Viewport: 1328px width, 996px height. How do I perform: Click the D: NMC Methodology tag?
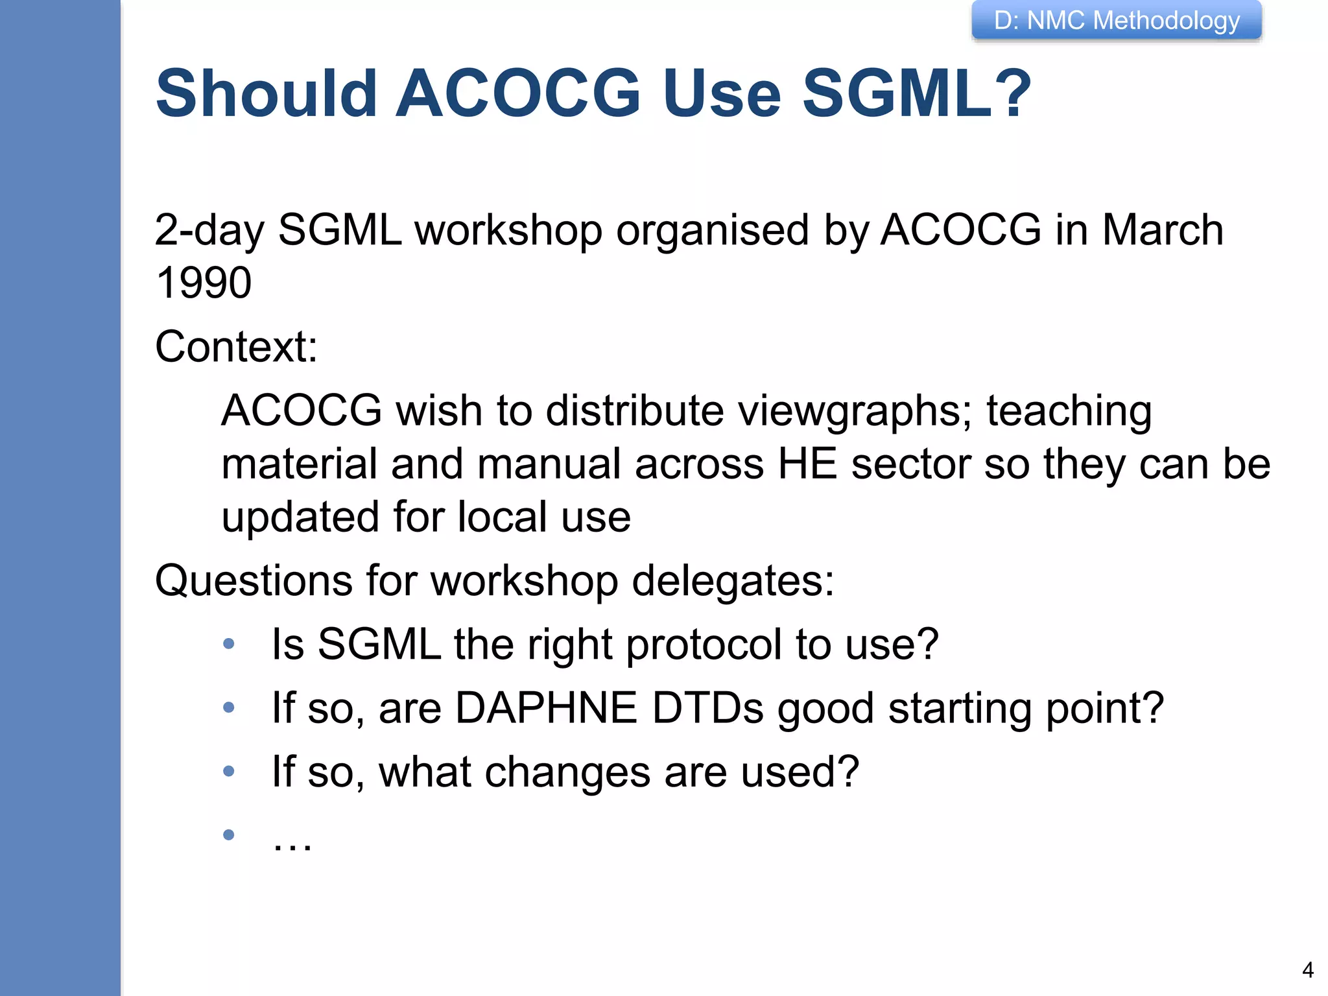1117,21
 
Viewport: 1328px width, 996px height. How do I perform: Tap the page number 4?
1308,970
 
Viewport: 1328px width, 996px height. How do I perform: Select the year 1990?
204,283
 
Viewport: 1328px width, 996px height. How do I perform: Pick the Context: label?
237,346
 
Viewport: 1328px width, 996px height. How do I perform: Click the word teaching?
1069,411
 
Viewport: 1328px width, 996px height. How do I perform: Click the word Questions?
254,580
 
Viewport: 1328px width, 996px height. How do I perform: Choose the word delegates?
733,580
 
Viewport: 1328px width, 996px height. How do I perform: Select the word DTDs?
707,707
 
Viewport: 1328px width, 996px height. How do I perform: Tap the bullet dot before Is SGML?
228,644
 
